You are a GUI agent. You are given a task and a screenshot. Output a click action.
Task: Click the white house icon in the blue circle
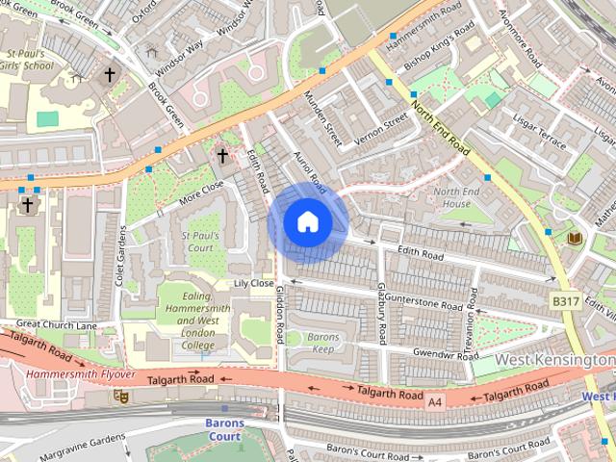307,222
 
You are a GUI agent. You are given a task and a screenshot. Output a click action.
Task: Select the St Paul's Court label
200,242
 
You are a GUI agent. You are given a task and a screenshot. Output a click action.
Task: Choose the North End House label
451,197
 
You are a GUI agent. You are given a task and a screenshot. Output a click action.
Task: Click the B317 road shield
565,301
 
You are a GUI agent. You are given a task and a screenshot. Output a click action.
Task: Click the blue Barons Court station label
224,429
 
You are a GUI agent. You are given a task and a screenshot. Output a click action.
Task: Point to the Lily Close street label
254,284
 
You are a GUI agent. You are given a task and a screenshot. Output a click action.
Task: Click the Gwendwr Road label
445,355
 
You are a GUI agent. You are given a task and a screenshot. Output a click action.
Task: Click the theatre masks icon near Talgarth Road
121,396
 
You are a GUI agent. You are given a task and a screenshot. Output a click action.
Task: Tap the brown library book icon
576,238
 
